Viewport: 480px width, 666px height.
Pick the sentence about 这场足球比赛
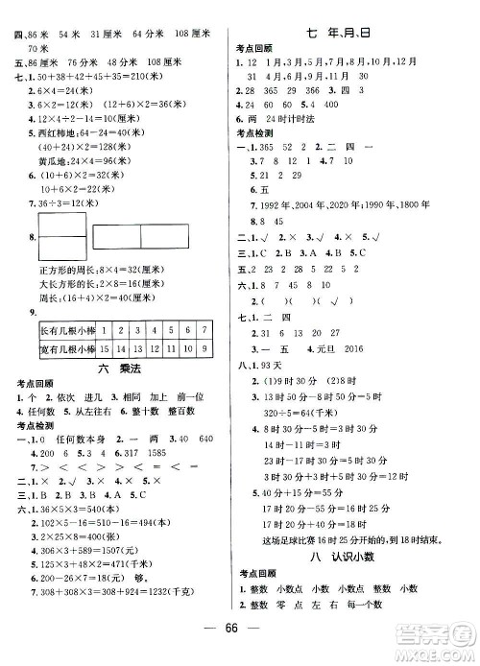click(335, 537)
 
